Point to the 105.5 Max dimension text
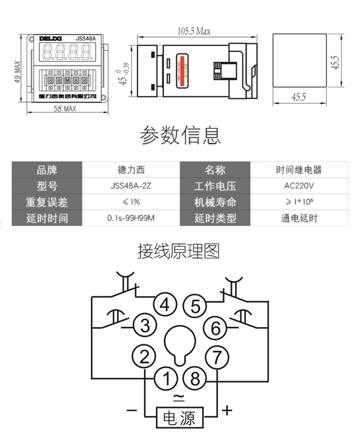pos(193,32)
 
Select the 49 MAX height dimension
pos(17,72)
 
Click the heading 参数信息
pos(180,136)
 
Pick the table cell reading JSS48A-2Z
pos(131,186)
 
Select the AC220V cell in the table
pos(299,186)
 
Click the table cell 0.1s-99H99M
pos(131,218)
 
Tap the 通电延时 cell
pos(299,218)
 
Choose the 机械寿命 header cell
pos(215,202)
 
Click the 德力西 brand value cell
pos(131,170)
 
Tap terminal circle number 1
pos(166,379)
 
